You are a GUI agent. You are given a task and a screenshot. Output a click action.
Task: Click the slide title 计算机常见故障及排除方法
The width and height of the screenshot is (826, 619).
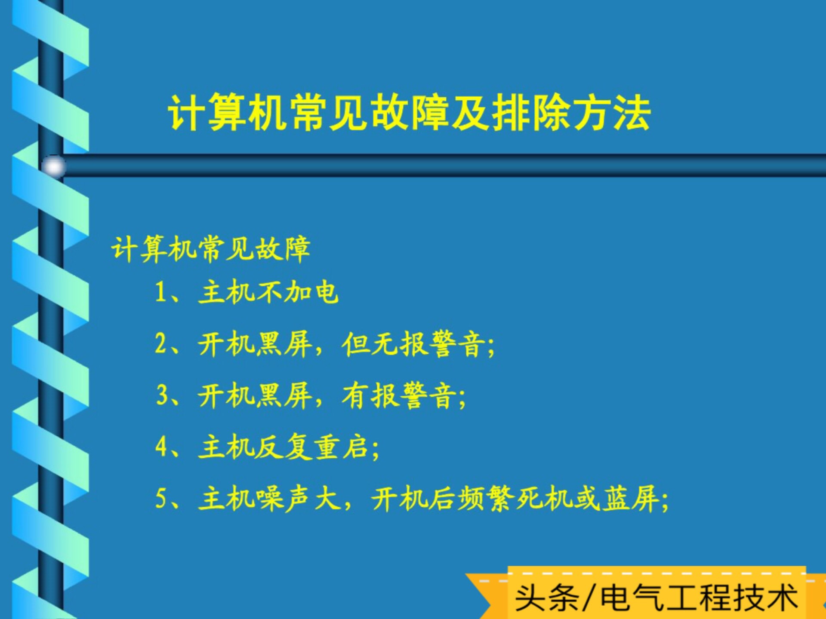tap(409, 113)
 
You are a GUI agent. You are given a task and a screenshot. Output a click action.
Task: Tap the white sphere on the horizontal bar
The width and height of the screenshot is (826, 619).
tap(54, 166)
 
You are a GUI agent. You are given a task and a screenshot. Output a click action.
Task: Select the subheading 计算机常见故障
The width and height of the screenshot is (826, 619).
tap(211, 249)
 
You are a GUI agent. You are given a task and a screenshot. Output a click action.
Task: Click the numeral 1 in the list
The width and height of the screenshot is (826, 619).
tap(160, 292)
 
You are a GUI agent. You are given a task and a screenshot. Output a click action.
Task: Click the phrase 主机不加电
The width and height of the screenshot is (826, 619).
tap(268, 292)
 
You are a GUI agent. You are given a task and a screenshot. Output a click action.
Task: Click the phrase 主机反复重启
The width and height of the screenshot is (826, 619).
tap(284, 447)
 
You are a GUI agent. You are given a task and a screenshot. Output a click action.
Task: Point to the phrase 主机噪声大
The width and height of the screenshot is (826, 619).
tap(268, 499)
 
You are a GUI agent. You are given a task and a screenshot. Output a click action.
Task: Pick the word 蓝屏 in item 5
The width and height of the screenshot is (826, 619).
tap(630, 499)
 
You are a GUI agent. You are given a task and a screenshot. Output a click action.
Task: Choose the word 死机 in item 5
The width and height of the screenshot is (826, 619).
tap(544, 499)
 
